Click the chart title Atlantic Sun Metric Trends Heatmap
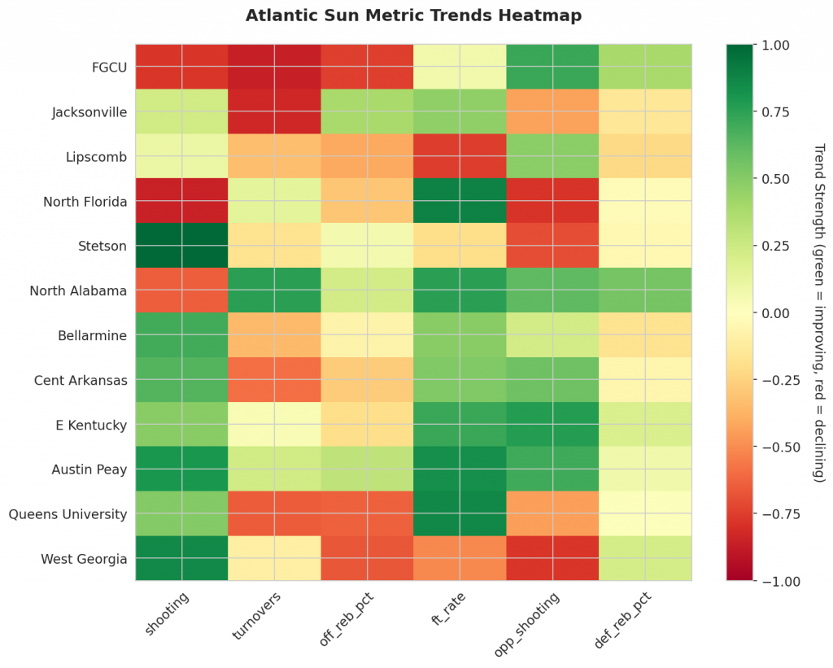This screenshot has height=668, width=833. [x=413, y=15]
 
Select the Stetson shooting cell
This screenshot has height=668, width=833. [x=181, y=245]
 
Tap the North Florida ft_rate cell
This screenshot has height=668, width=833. [x=460, y=200]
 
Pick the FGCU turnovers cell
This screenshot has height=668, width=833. [x=274, y=66]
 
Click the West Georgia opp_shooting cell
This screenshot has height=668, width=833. [x=552, y=558]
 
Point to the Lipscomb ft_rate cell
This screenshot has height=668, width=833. [x=460, y=155]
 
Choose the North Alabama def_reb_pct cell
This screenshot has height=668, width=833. [x=645, y=290]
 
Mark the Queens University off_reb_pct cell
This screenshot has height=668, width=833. [x=367, y=513]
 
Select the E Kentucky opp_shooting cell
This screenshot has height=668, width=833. [x=552, y=424]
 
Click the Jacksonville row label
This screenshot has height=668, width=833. [x=89, y=111]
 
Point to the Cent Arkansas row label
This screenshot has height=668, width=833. [x=81, y=380]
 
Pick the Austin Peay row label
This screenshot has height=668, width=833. [x=89, y=469]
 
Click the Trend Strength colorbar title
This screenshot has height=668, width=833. [x=818, y=312]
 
